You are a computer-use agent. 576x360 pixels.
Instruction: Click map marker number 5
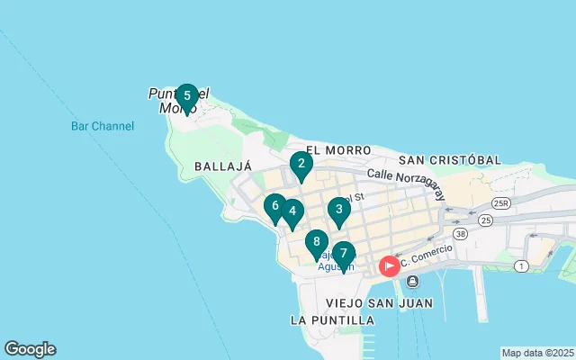tap(186, 96)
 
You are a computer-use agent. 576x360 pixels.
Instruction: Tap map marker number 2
tap(301, 165)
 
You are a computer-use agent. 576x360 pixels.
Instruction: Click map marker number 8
tap(316, 243)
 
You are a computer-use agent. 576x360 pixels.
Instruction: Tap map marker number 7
tap(343, 255)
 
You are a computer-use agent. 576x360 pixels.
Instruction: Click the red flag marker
tap(391, 265)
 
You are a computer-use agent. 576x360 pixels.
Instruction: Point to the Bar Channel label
tap(103, 126)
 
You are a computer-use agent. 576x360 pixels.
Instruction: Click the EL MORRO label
tap(337, 149)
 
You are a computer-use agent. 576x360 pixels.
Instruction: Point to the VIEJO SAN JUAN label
tap(380, 302)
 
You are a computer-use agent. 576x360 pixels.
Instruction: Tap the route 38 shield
tap(462, 233)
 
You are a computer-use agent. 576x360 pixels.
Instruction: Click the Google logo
tap(30, 349)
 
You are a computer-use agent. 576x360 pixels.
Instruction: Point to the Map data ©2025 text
tap(537, 353)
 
